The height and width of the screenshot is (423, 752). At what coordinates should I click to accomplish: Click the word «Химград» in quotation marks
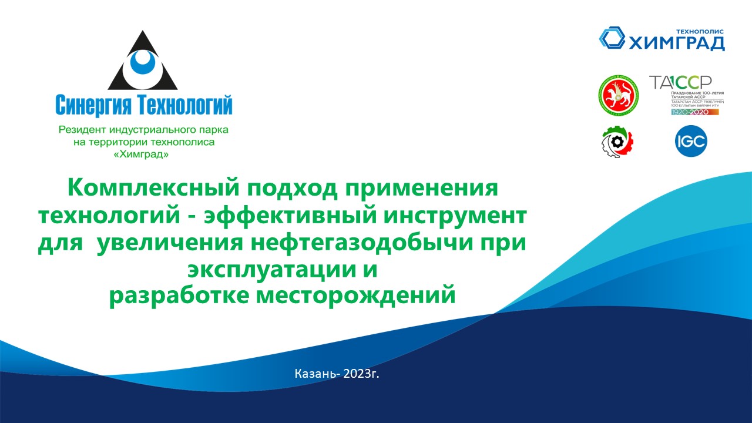(144, 155)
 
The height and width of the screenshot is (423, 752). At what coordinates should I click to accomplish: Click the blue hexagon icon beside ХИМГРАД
(612, 38)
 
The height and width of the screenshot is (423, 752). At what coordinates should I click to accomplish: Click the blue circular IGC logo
(690, 142)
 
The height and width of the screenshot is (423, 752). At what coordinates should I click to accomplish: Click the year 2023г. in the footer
(360, 373)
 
